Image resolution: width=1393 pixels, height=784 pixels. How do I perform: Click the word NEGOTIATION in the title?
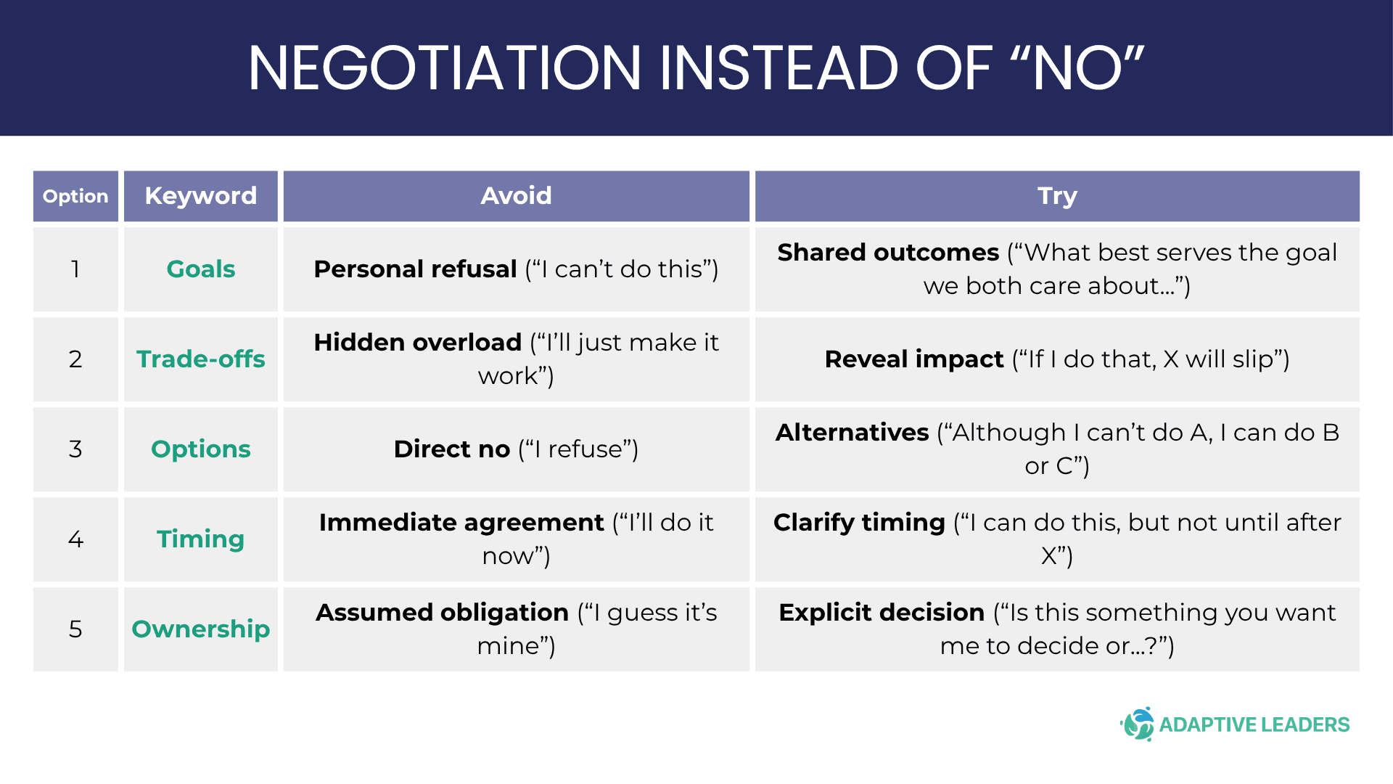[445, 68]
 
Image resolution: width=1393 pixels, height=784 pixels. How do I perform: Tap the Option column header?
[75, 196]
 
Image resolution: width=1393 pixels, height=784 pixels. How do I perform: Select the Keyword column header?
[201, 196]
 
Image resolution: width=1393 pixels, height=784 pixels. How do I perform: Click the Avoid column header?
[516, 196]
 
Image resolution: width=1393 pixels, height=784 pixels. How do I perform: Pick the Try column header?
[1057, 196]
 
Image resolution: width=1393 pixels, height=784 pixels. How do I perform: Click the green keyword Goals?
[201, 269]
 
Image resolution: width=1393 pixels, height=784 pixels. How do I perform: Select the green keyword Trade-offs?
[201, 359]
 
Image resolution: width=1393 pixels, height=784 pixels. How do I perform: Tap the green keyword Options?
[201, 449]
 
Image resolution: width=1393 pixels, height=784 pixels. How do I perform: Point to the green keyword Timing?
[201, 539]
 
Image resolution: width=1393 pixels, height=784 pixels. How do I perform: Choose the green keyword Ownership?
[201, 629]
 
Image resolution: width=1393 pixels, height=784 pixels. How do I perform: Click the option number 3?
[75, 449]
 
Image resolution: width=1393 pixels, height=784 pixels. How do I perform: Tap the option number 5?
[75, 629]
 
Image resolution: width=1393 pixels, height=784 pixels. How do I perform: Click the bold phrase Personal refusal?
[415, 269]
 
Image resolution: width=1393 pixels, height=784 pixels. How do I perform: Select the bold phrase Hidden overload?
[418, 343]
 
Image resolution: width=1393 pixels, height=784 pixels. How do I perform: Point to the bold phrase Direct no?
[452, 449]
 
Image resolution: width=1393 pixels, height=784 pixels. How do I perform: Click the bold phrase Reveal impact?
[914, 359]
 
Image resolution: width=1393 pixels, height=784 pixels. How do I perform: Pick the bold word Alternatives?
[852, 433]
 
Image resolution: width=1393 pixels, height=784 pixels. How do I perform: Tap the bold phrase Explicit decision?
[882, 613]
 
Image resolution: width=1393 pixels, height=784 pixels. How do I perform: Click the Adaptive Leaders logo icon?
[1138, 724]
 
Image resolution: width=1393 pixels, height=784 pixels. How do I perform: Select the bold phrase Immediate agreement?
[461, 523]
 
